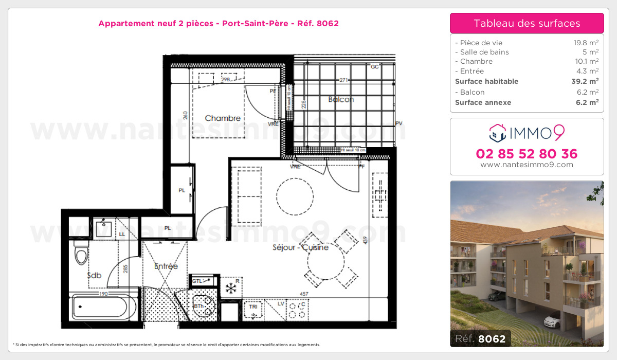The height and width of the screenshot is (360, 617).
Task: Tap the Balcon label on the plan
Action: click(341, 99)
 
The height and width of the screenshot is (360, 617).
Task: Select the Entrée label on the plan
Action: click(166, 266)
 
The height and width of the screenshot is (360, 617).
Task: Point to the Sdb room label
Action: click(94, 276)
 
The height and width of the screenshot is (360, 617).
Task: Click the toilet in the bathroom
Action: click(81, 255)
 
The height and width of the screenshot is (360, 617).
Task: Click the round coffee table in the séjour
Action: click(295, 196)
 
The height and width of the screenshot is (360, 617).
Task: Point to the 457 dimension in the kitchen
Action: click(304, 294)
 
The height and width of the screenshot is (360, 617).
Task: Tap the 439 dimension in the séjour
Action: click(366, 240)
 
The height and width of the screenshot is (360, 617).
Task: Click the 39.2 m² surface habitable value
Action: click(586, 81)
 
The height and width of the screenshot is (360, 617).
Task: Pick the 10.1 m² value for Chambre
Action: click(587, 62)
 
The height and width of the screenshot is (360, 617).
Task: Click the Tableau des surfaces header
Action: click(527, 23)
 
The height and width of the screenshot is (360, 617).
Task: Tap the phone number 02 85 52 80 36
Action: click(527, 154)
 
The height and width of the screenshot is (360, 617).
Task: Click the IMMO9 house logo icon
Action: click(497, 133)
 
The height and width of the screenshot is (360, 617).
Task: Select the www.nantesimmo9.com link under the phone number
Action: click(527, 165)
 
